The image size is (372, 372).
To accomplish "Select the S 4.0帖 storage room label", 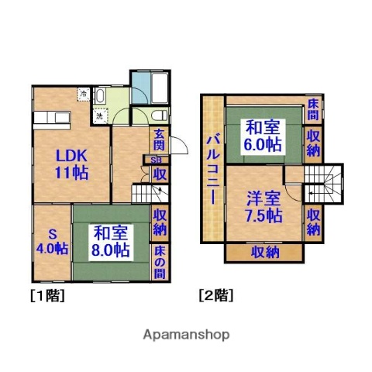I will [x=49, y=240].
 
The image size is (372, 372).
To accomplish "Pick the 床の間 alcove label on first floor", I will [x=159, y=263].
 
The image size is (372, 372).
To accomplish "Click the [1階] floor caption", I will [x=47, y=295].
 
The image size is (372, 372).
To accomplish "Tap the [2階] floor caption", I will [x=216, y=295].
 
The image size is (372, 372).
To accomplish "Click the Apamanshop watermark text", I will [x=187, y=335].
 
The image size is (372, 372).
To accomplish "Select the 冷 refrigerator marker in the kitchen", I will [x=83, y=95].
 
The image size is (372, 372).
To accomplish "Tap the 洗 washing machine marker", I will [x=99, y=115].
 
